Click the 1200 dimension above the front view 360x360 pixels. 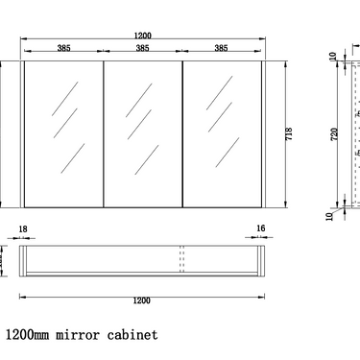click(142, 36)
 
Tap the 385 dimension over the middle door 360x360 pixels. click(142, 48)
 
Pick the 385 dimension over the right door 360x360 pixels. click(221, 48)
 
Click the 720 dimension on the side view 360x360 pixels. click(334, 134)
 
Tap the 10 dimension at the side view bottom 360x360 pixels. click(332, 217)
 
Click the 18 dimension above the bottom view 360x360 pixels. click(24, 230)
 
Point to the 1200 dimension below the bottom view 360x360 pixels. click(142, 300)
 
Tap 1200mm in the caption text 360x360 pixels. click(28, 336)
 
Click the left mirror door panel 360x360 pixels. click(62, 134)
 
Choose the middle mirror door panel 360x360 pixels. click(142, 134)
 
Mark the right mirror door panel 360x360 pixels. click(221, 134)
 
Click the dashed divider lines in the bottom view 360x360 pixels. click(181, 261)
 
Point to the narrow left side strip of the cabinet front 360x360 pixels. click(21, 134)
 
